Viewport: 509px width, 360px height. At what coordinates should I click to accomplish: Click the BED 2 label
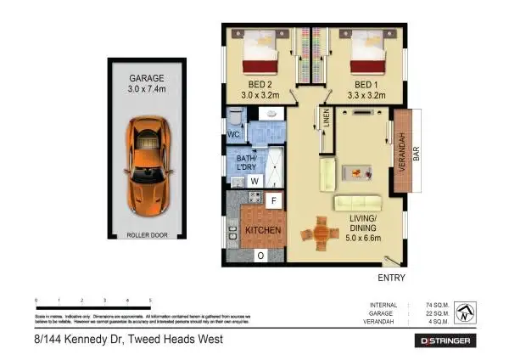click(x=260, y=86)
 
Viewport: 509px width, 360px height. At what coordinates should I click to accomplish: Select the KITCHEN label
click(x=264, y=230)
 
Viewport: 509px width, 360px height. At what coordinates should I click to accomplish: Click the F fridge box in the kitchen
click(x=273, y=201)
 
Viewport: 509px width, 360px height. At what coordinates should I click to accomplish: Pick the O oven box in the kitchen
click(x=260, y=255)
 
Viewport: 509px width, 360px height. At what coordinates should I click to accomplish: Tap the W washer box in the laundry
click(x=254, y=180)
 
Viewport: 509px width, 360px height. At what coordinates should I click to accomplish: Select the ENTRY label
click(x=391, y=278)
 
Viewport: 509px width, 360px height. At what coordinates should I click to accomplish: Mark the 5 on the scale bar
click(x=150, y=301)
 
